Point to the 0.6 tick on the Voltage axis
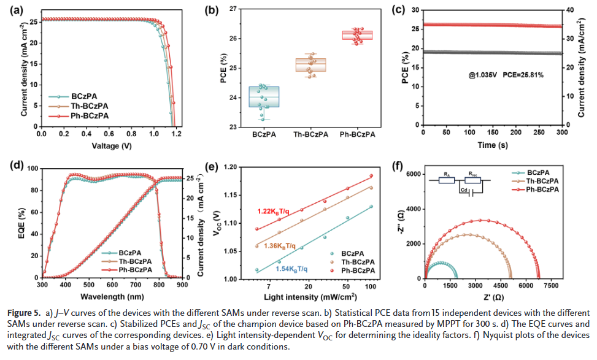(x=109, y=133)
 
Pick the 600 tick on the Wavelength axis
(x=112, y=285)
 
